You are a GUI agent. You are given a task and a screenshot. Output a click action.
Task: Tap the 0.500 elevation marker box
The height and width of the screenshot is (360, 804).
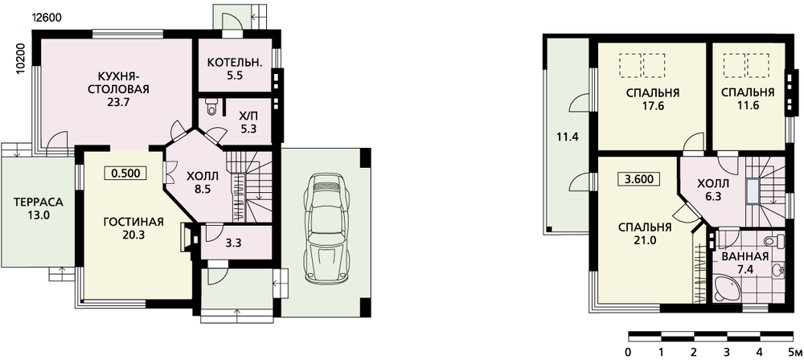(125, 173)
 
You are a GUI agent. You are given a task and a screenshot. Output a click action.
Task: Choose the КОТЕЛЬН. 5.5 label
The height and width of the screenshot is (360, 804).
(235, 69)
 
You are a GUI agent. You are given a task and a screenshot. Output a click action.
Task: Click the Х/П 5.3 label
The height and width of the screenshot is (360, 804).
(248, 121)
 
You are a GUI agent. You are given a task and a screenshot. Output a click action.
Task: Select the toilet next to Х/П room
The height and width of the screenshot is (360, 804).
(211, 107)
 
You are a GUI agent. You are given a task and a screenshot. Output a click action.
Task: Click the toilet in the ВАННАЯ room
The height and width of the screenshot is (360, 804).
(774, 239)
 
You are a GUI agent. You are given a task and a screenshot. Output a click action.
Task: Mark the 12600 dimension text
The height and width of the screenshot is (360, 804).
(47, 17)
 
